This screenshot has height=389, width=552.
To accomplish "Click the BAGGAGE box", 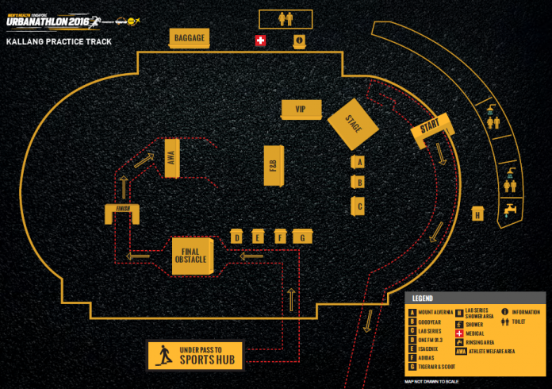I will pos(189,37).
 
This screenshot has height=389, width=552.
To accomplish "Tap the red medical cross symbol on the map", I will pos(259,40).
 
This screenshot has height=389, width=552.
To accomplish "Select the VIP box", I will pos(300,110).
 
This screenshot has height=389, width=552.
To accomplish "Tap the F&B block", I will pos(273,165).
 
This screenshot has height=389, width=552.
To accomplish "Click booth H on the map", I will pos(477,214).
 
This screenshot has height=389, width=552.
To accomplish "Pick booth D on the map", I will pos(236,237).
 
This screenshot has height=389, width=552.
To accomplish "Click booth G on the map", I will pos(301,237).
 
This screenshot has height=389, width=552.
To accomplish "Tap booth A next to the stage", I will pos(358,162).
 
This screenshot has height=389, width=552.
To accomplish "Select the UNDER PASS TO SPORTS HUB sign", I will pos(196,355).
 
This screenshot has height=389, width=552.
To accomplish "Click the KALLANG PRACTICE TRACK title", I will pos(59,40).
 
